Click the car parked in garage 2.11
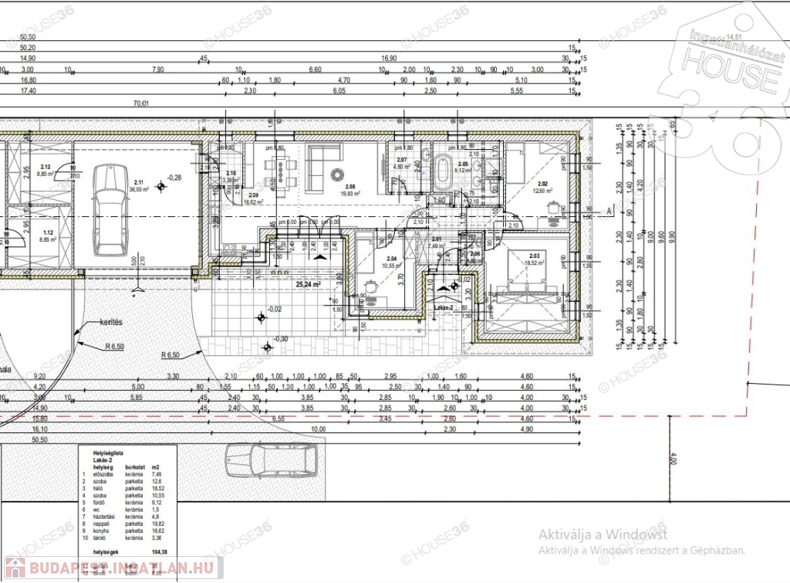pos(107,211)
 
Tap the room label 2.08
pos(350,187)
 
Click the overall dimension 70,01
pos(140,103)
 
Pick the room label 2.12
pos(46,168)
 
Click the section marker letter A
pos(609,209)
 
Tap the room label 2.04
pos(390,258)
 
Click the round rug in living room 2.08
pos(337,172)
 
